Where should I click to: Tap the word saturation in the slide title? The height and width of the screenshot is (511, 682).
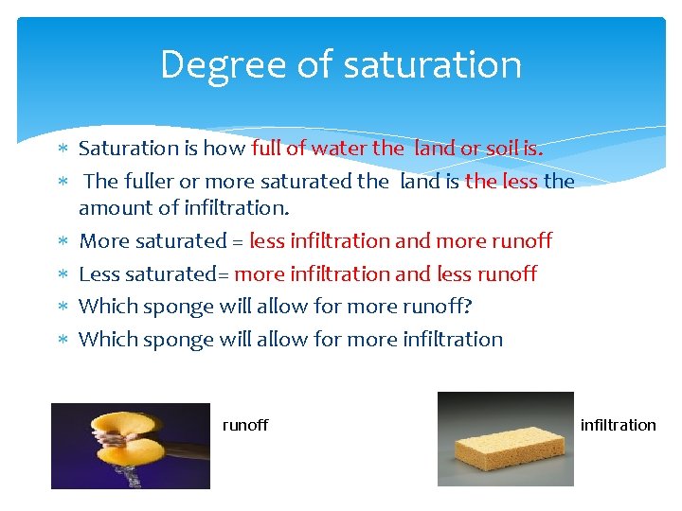tap(432, 65)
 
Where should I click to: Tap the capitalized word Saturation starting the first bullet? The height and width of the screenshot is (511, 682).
tap(129, 148)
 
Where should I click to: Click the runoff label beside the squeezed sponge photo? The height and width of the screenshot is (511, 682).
tap(245, 425)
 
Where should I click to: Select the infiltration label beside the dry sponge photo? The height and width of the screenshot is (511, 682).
tap(618, 425)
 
